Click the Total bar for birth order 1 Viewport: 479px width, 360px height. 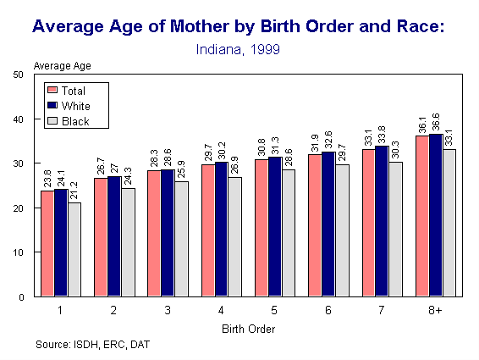point(47,244)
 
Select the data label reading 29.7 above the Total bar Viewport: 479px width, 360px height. point(208,152)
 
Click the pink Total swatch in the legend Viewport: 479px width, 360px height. point(53,90)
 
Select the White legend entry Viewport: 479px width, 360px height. point(75,105)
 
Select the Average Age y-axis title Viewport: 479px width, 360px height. point(62,64)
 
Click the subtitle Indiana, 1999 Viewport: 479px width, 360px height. point(238,49)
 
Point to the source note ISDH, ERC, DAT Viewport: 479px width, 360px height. point(93,345)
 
